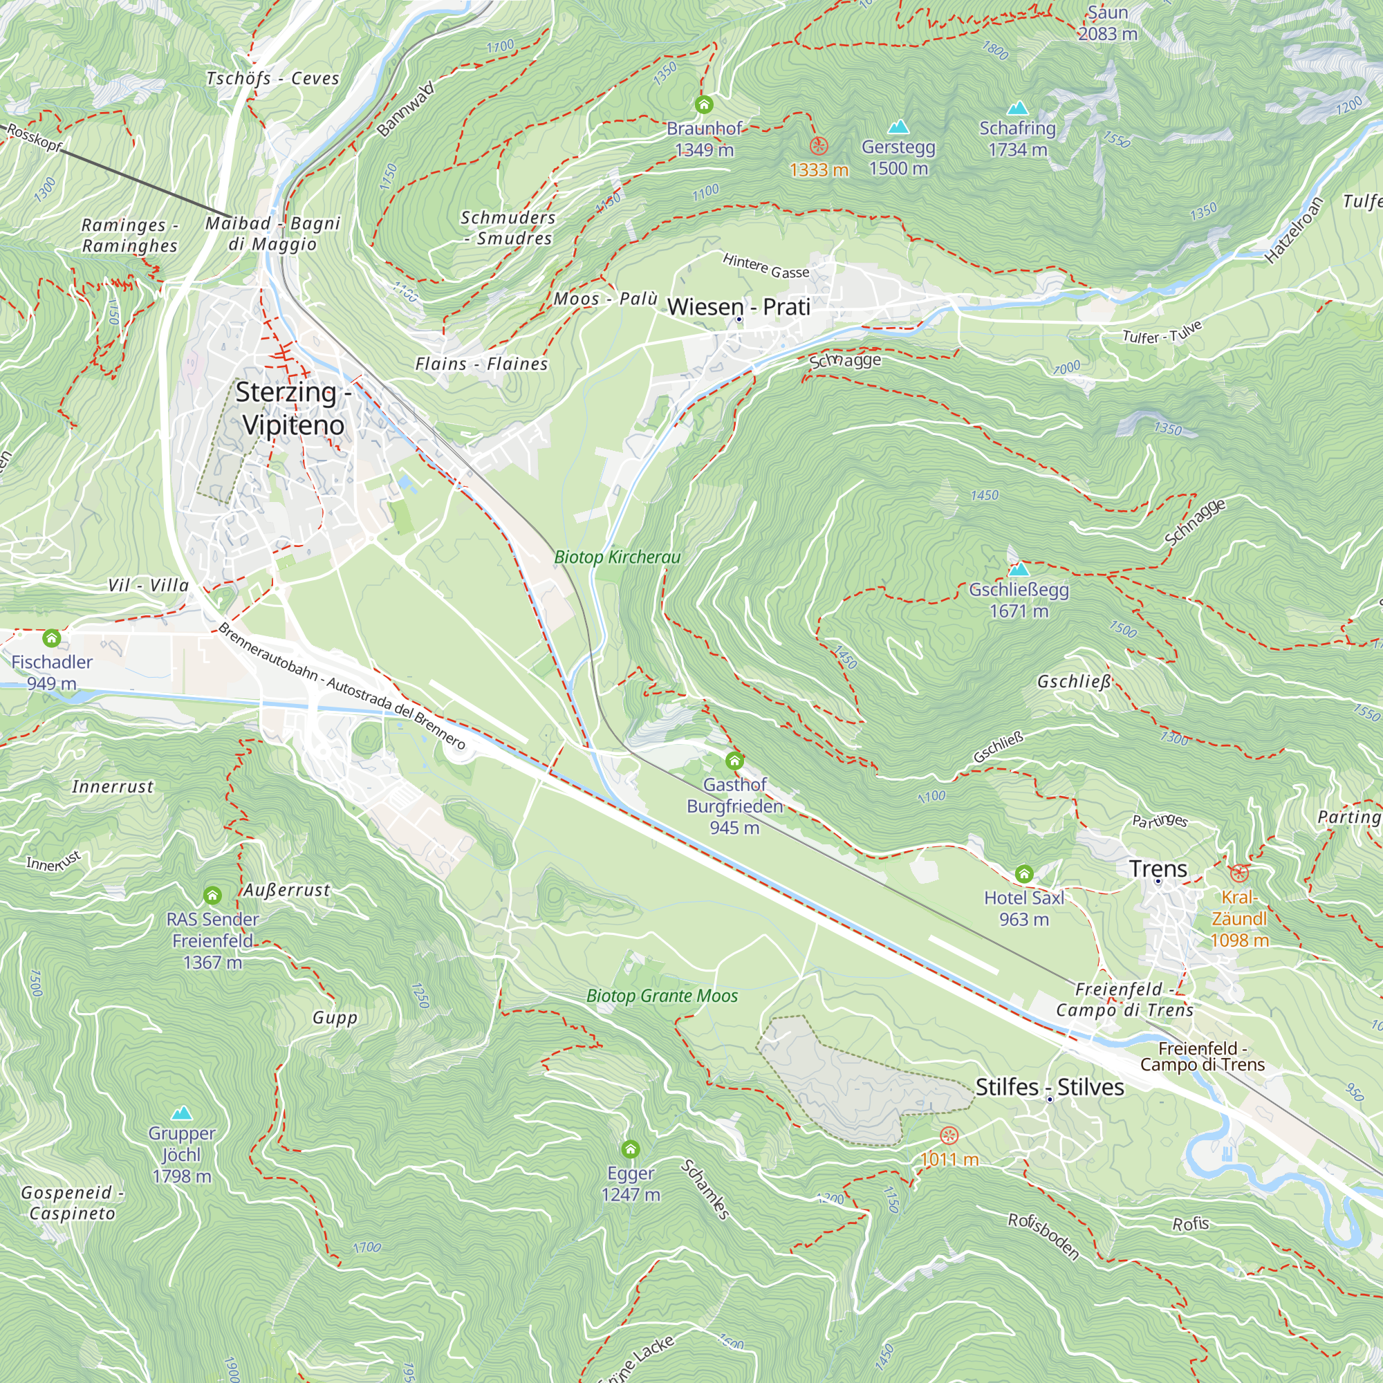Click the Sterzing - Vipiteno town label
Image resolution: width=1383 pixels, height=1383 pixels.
293,408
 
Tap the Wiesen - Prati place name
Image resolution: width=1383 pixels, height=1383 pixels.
738,306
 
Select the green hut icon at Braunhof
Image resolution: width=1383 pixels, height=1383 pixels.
704,105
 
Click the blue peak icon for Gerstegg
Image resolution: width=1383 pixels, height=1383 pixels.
898,127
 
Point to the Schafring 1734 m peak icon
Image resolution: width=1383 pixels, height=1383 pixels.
1017,108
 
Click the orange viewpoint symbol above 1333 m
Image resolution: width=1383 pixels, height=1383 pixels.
818,146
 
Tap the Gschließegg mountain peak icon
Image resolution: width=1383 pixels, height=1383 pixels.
1018,570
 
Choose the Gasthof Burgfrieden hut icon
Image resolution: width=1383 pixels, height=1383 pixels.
734,760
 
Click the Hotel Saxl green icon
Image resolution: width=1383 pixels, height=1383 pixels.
1023,873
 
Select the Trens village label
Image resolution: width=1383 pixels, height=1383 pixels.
1158,869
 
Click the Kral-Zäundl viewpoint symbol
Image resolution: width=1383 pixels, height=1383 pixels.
1238,873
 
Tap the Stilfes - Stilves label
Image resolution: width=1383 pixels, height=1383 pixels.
1049,1086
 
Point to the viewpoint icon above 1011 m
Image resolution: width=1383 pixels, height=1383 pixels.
949,1135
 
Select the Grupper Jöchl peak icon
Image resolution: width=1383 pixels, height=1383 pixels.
182,1113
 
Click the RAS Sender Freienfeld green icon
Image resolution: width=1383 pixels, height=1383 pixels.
212,895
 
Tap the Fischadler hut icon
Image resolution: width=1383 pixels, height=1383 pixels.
52,637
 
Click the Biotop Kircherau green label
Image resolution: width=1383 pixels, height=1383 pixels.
617,557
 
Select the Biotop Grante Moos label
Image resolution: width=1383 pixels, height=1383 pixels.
662,996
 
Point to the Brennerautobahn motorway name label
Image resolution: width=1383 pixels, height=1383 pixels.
342,687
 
